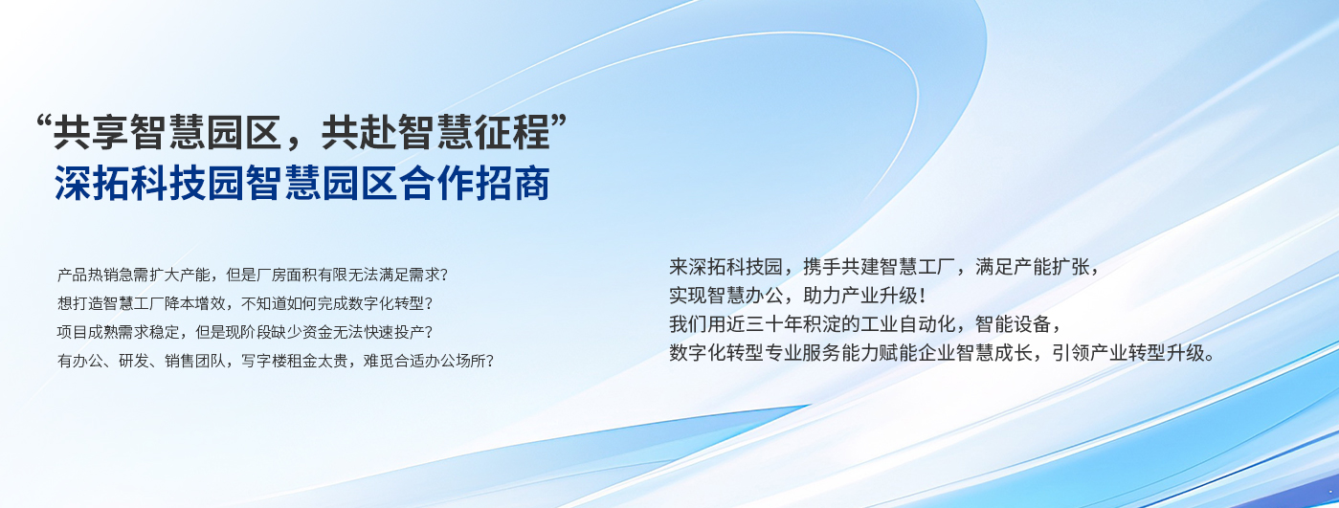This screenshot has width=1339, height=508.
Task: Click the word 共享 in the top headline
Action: (x=92, y=132)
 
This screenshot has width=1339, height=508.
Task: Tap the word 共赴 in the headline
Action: (x=359, y=132)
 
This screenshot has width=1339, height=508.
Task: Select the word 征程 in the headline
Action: (x=512, y=132)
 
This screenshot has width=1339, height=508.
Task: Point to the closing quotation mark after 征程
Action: (x=558, y=121)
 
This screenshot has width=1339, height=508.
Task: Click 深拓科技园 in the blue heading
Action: (x=149, y=183)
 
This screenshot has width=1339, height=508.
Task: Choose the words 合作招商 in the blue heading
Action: (x=474, y=183)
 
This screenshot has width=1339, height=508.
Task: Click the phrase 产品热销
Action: (x=87, y=275)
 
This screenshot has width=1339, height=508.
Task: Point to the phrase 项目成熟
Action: (x=87, y=332)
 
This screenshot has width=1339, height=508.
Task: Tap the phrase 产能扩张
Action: (x=1052, y=267)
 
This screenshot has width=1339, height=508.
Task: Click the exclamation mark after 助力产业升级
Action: (x=923, y=296)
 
